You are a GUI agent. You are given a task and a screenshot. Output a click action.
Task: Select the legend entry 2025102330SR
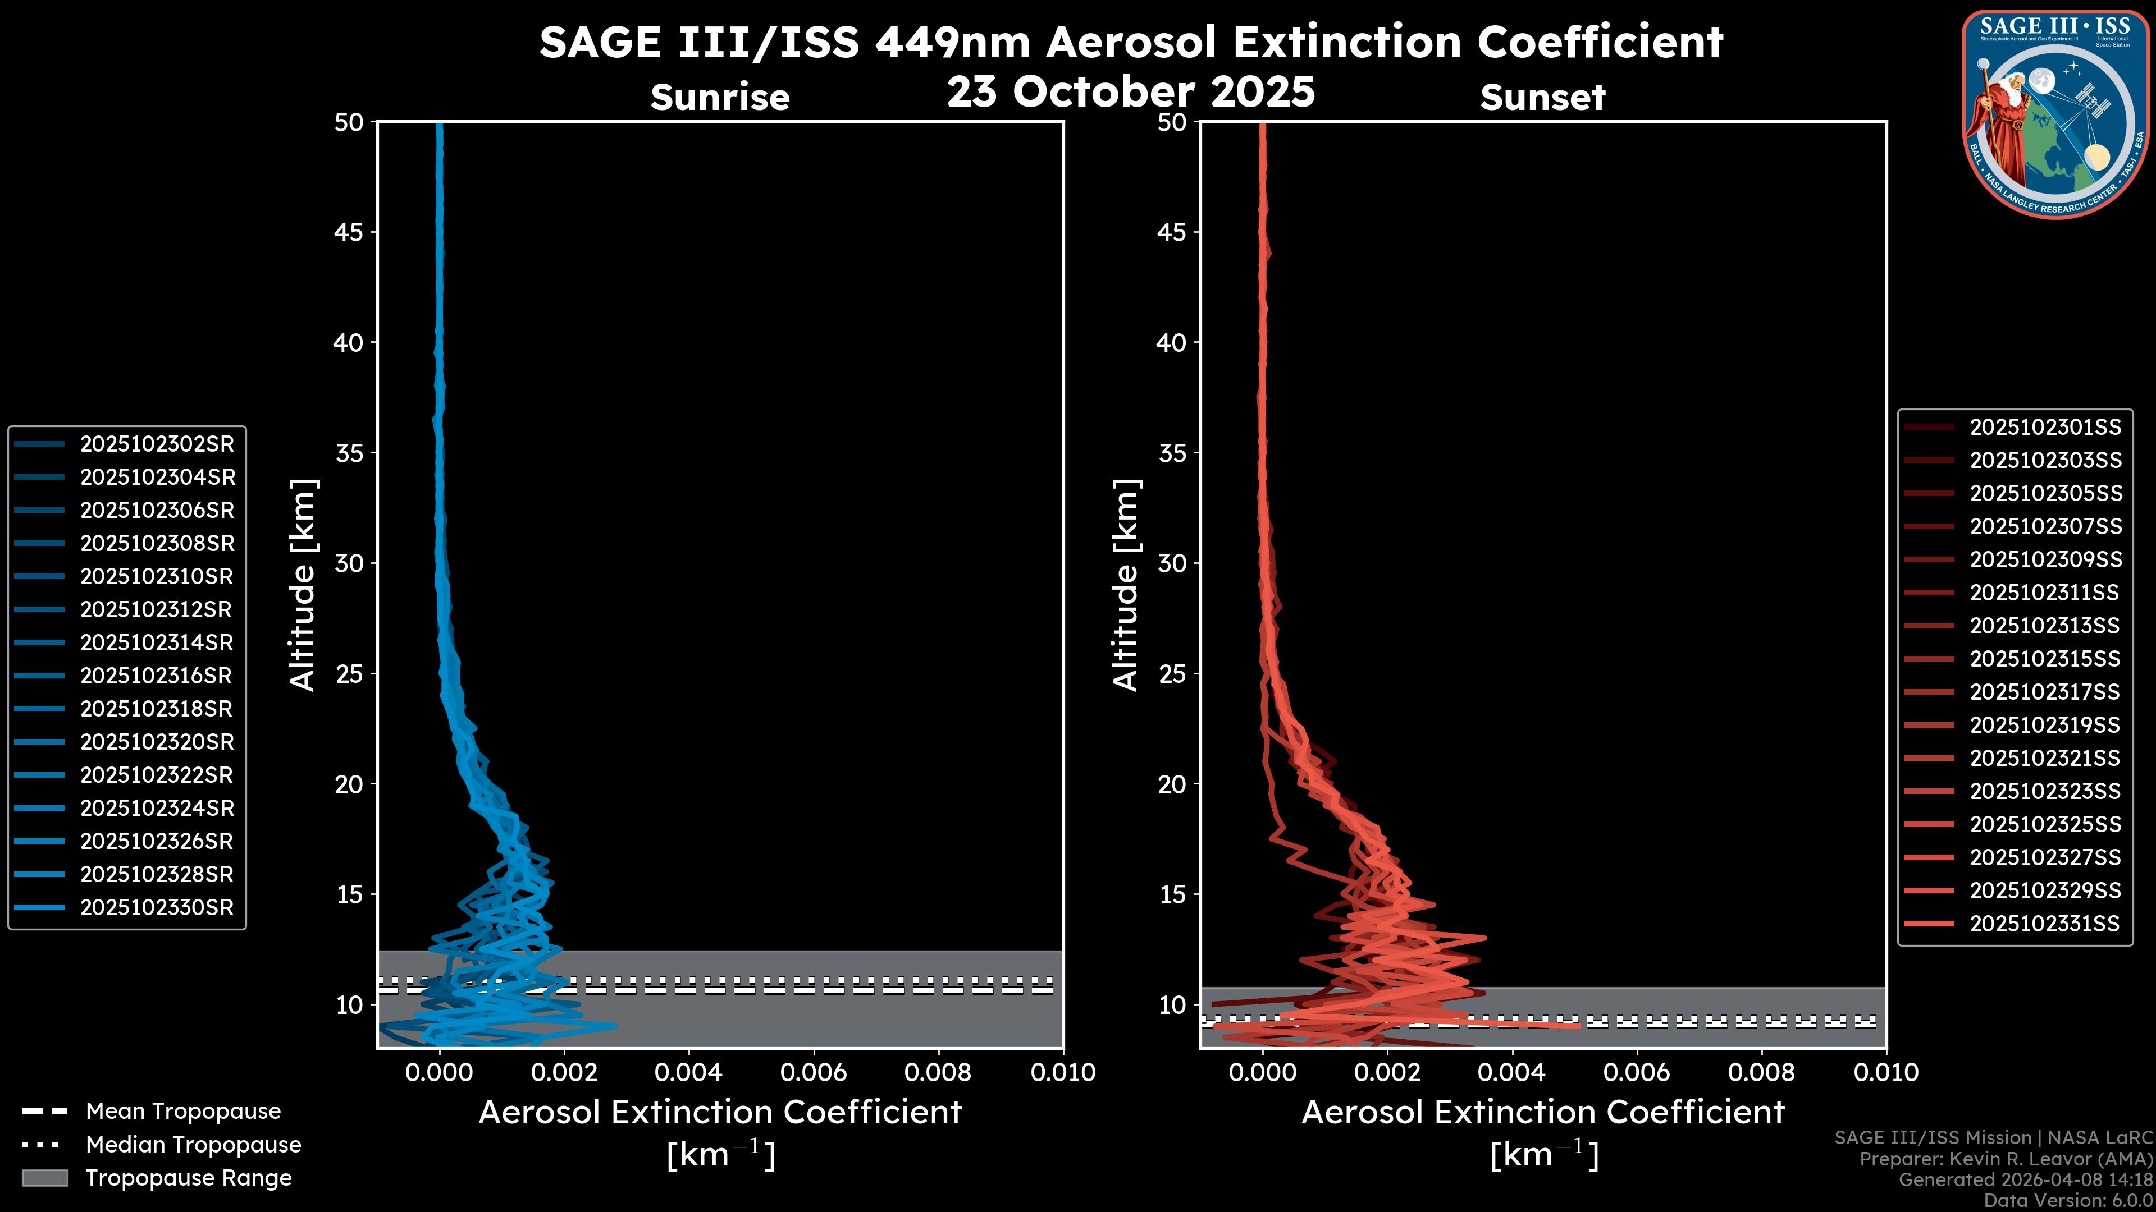tap(157, 907)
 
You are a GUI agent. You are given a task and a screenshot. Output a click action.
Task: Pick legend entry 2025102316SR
tap(157, 676)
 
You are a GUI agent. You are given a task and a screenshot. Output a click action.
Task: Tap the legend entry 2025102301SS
tap(2045, 428)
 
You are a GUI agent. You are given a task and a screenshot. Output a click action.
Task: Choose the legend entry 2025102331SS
tap(2045, 924)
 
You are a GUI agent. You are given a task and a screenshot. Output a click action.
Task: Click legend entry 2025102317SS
tap(2045, 692)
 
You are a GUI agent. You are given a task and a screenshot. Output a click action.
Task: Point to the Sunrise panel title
tap(720, 98)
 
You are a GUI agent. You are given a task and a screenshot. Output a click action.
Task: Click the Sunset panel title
tap(1542, 98)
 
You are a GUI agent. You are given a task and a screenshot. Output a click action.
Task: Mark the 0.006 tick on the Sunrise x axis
tap(814, 1072)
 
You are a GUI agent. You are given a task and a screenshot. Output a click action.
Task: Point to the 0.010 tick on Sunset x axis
tap(1886, 1072)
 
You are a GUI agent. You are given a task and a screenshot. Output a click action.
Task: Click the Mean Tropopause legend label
tap(183, 1112)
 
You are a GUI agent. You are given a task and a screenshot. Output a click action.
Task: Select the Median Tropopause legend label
tap(193, 1145)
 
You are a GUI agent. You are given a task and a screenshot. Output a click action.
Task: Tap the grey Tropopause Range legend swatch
tap(44, 1178)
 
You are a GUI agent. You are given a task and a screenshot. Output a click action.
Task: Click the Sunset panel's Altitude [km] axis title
tap(1126, 585)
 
